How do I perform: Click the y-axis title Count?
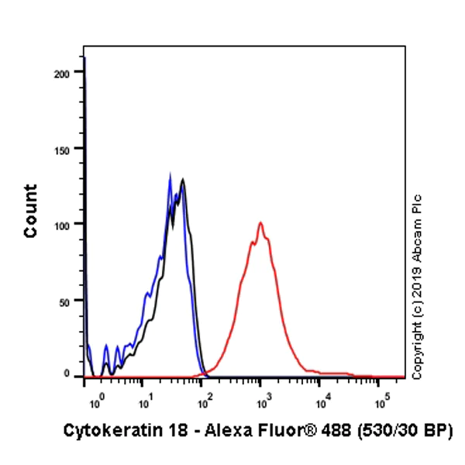31,211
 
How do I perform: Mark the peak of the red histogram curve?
261,223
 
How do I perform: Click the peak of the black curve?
183,180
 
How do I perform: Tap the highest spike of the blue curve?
170,174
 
